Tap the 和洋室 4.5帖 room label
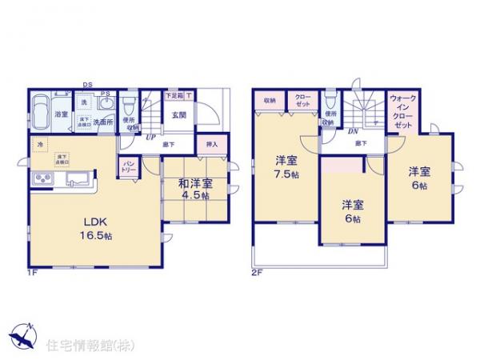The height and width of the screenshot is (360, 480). coord(194,189)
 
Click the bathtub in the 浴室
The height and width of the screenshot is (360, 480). coord(42,111)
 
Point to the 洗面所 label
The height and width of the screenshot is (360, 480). coord(103,122)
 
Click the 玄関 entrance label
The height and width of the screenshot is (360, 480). coord(178,114)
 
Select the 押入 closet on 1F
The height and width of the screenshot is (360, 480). coord(212,145)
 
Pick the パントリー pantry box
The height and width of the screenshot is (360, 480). coord(128,167)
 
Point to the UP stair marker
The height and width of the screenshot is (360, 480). coord(150,137)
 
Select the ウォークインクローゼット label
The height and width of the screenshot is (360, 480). coord(402,111)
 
